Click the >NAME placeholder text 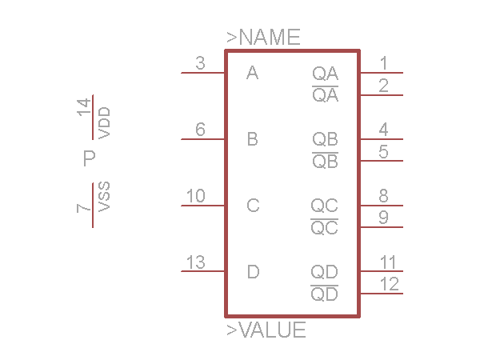263,37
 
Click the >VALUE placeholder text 266,330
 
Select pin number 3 201,64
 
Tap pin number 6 201,130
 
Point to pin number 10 195,196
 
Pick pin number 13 195,262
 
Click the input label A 253,74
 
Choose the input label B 253,140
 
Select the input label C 253,206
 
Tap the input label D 253,272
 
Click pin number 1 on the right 384,63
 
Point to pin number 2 384,85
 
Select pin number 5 384,151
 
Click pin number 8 384,195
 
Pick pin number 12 390,283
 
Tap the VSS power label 104,197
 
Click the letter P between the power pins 90,158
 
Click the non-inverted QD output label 324,272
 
